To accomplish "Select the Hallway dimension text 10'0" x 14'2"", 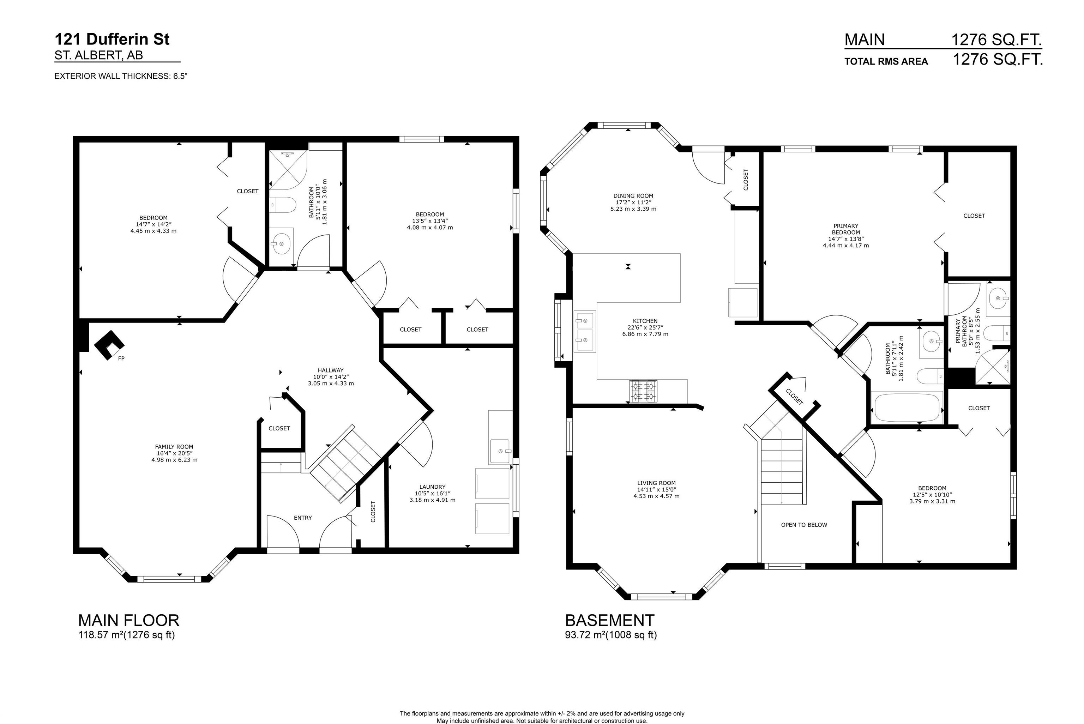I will coord(331,377).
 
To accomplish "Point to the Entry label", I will coord(303,518).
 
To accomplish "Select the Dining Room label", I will coord(633,196).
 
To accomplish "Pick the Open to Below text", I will coord(804,525).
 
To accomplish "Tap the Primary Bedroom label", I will coord(845,229).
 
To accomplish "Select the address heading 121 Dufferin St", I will coord(112,39).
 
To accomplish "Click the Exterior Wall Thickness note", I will coord(120,76).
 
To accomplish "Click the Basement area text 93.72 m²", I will coord(585,635).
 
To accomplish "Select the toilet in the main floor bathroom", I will coord(283,205).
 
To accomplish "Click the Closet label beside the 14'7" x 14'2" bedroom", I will coord(247,191).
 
